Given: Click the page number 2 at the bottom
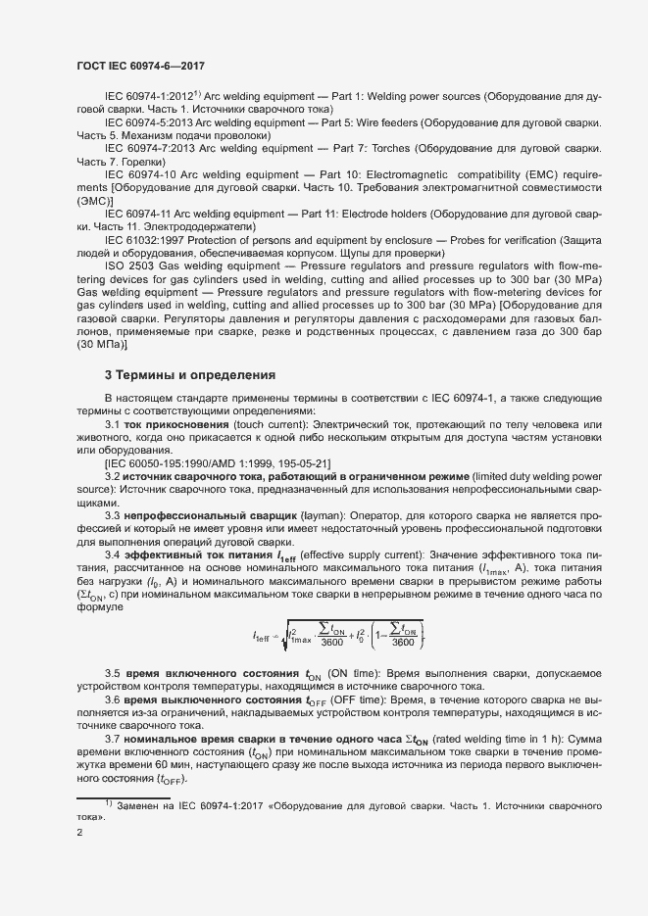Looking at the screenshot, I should pyautogui.click(x=79, y=834).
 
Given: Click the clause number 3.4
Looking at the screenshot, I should pyautogui.click(x=113, y=554).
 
